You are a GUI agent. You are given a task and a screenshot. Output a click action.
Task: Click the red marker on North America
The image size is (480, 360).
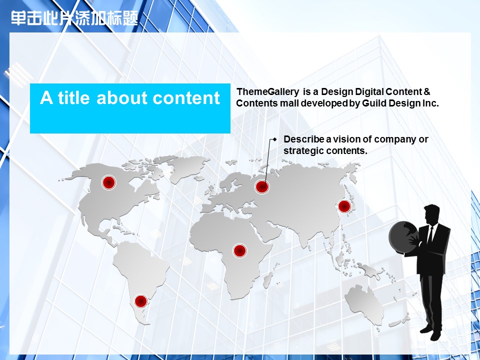[x=108, y=183]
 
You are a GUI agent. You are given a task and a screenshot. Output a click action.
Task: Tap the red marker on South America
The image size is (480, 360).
[x=141, y=301]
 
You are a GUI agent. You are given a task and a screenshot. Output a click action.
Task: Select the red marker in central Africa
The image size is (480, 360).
[x=240, y=251]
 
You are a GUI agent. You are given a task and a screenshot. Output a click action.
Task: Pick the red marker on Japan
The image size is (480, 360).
[x=344, y=206]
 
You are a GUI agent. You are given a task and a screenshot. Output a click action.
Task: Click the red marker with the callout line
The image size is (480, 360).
[x=262, y=186]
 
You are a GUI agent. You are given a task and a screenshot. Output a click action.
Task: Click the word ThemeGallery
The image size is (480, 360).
[x=268, y=92]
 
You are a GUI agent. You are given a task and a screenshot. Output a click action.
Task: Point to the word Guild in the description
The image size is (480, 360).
[x=374, y=103]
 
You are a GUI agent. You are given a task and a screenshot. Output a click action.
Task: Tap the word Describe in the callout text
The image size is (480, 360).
[x=304, y=139]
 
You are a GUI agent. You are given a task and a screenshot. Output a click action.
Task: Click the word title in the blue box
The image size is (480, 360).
[x=74, y=97]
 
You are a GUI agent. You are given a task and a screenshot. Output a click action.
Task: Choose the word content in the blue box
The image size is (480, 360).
[x=186, y=98]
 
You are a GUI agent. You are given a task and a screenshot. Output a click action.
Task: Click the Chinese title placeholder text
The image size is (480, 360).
[x=74, y=18]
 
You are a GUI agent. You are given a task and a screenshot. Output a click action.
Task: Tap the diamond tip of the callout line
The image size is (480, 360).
[x=275, y=139]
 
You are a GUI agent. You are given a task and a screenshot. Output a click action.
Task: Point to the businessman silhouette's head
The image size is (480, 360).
[x=432, y=214]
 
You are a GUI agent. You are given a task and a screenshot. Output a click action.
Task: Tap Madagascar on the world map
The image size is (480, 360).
[x=268, y=280]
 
